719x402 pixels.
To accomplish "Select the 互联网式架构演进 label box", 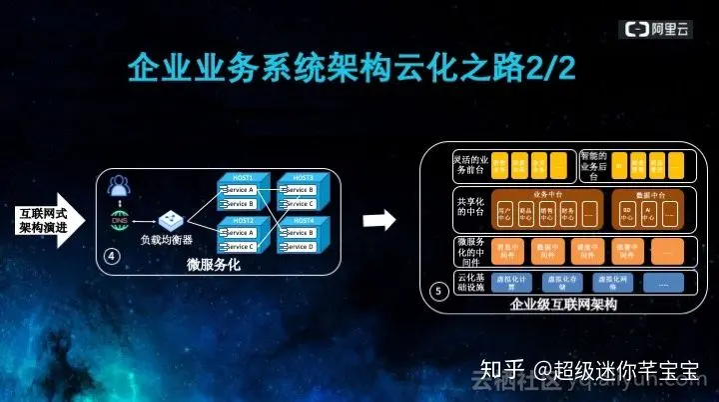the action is point(44,219).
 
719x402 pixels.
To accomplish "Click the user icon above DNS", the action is point(120,186).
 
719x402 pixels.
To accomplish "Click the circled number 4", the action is point(112,257).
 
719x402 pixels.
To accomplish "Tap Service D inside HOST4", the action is point(298,246).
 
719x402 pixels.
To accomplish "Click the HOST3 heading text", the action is point(297,178).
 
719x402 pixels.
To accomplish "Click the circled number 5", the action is point(437,290).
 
